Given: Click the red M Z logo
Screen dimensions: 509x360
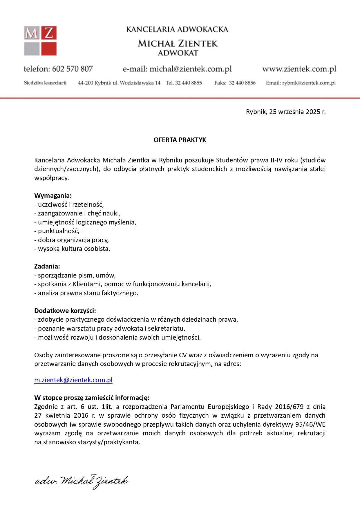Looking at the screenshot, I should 40,41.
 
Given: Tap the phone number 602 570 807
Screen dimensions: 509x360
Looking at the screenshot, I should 72,69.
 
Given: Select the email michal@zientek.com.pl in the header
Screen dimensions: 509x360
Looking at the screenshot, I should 191,69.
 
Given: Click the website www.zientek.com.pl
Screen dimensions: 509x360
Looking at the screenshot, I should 299,69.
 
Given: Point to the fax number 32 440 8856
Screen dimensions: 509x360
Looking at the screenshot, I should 242,83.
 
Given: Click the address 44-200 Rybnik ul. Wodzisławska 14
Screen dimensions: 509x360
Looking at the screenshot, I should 119,83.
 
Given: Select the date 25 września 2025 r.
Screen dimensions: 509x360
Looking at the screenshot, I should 297,112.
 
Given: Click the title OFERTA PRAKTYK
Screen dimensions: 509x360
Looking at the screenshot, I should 180,140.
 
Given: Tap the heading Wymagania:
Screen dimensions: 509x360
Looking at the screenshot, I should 53,195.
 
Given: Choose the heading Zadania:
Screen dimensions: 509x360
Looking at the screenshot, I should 47,266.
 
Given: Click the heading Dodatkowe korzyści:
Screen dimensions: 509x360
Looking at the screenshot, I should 65,311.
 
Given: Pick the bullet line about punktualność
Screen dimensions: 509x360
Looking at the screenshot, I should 57,231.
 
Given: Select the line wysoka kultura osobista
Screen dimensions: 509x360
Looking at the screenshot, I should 72,249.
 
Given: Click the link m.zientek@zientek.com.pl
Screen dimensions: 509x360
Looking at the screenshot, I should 73,380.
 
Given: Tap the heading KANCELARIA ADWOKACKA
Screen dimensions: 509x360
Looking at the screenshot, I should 177,30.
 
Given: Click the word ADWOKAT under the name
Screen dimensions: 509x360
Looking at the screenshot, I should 178,53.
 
